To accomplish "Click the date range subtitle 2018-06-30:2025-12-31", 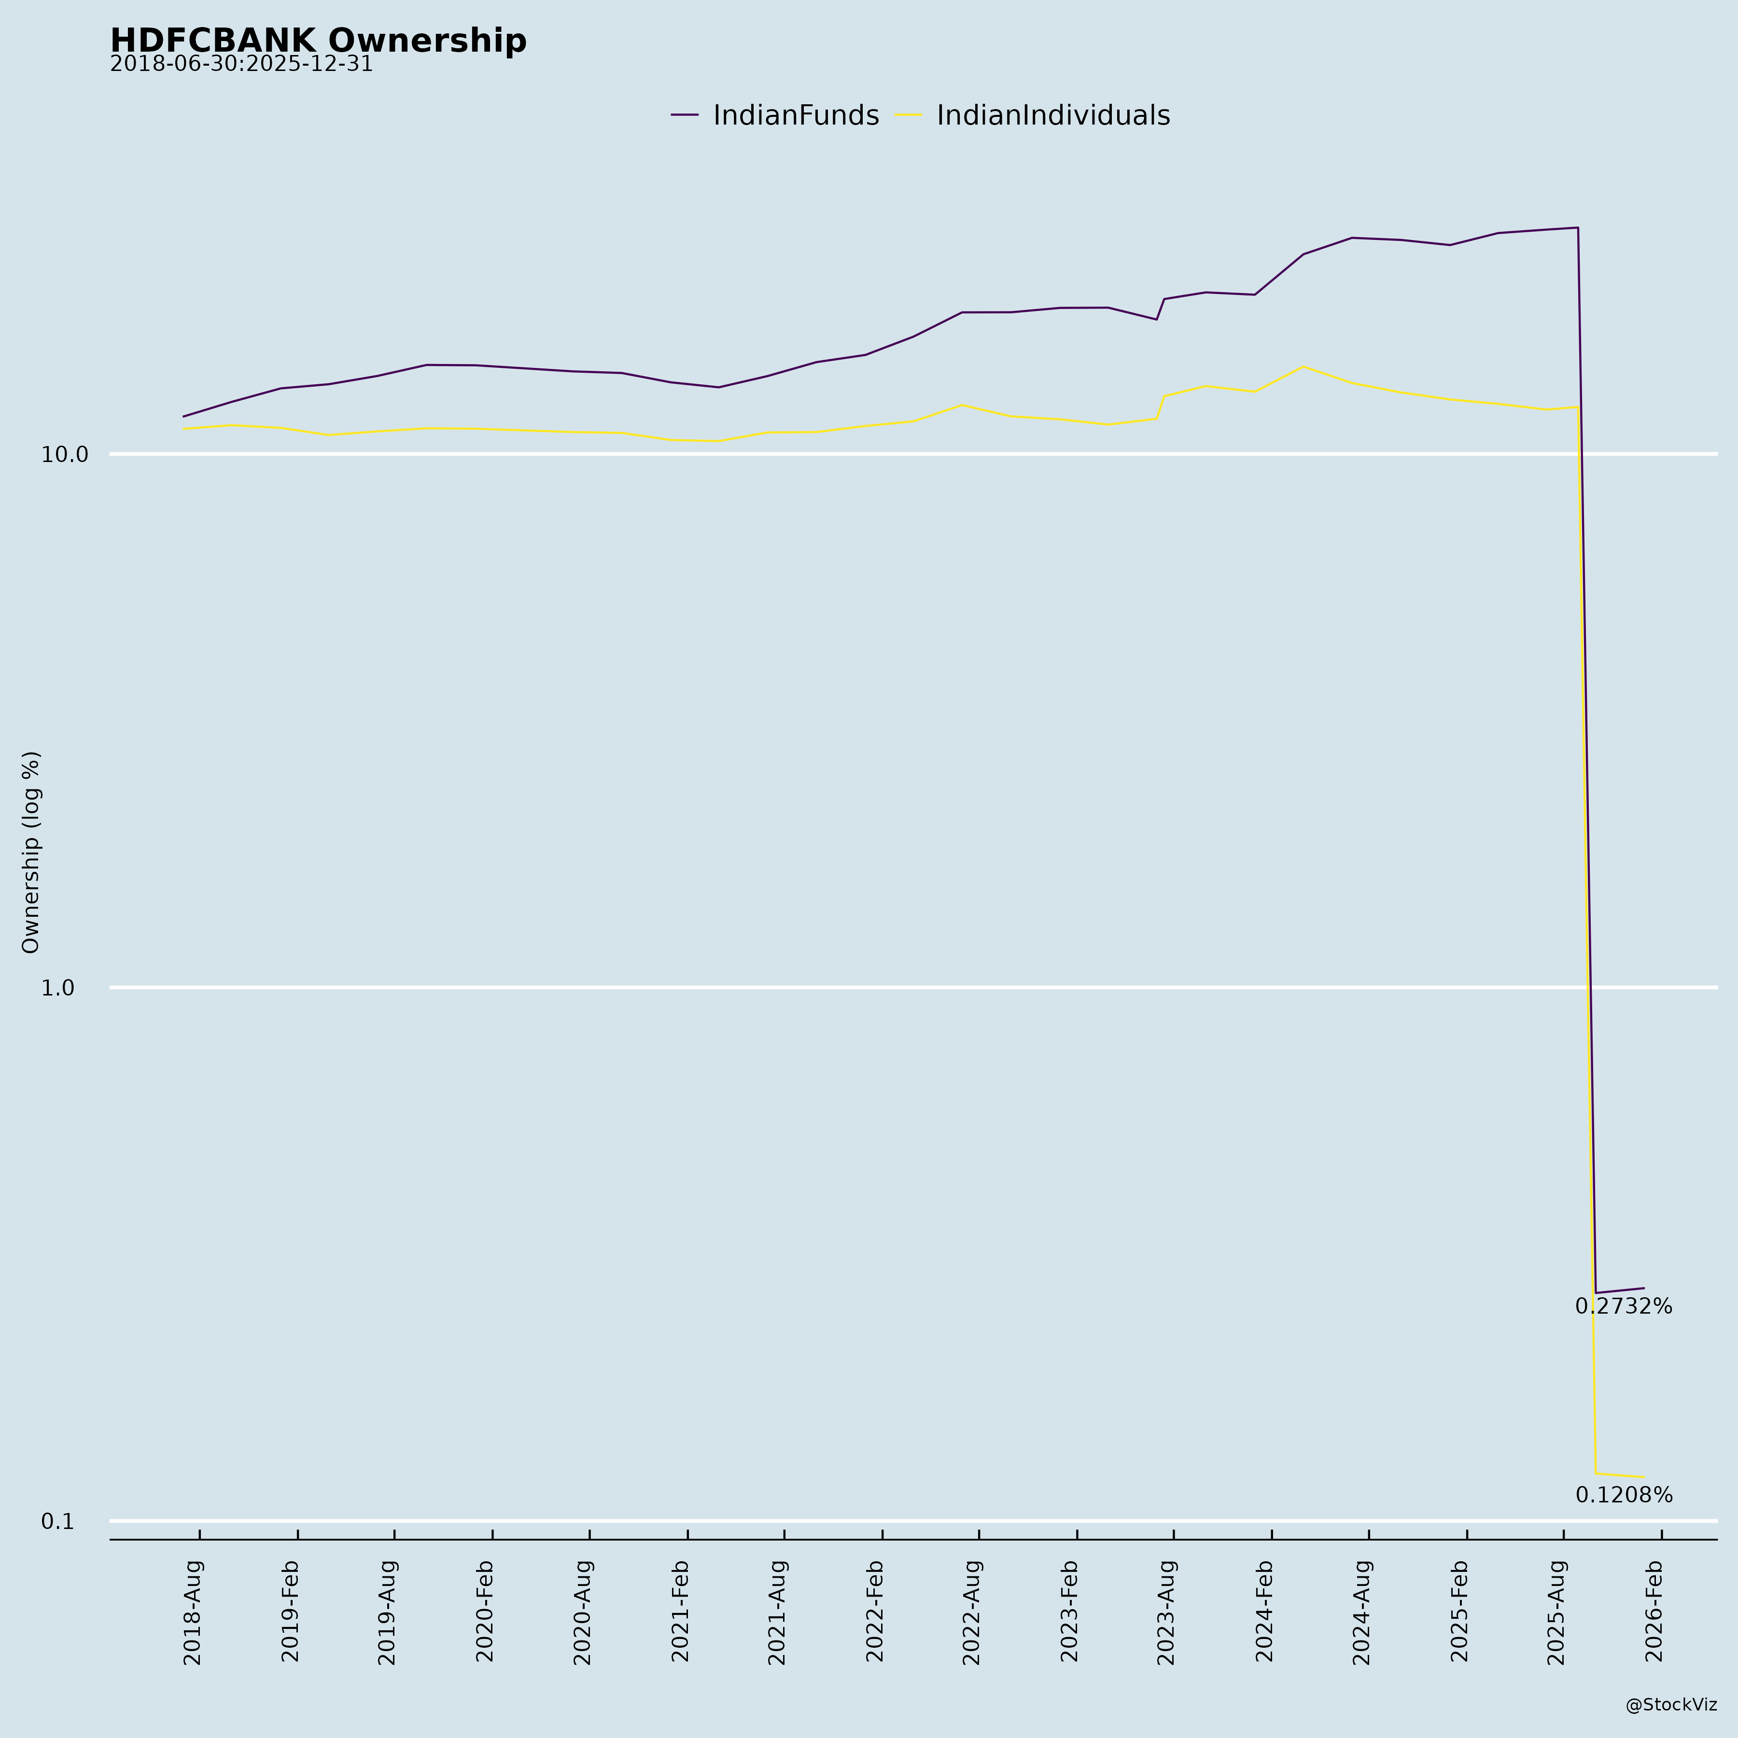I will pyautogui.click(x=241, y=65).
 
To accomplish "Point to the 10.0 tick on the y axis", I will pyautogui.click(x=65, y=455).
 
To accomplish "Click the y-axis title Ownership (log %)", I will pyautogui.click(x=31, y=853).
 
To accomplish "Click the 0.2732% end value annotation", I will pyautogui.click(x=1624, y=1307).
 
